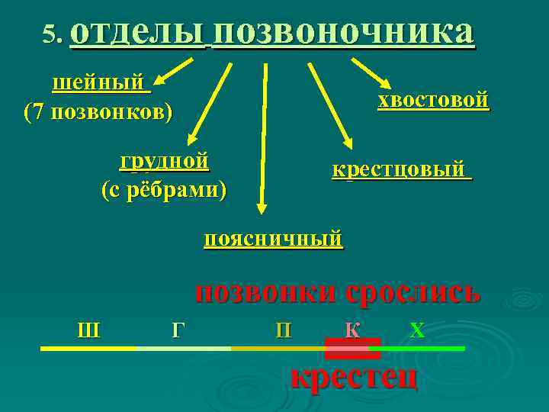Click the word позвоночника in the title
343,33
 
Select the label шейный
100,82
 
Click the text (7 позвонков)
98,111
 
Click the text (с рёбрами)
164,188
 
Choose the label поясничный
273,239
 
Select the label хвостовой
433,101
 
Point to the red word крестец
355,376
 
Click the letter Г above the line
178,330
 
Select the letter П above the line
283,330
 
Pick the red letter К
352,330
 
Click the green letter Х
416,330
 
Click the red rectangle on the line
352,349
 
